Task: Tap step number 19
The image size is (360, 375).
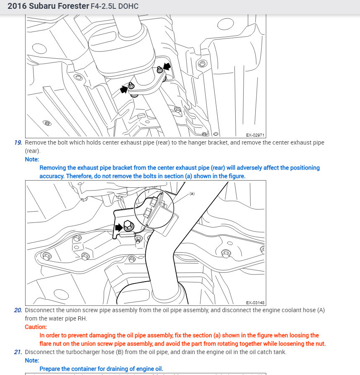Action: coord(18,142)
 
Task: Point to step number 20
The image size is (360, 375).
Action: coord(18,310)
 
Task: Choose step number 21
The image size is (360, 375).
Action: coord(18,352)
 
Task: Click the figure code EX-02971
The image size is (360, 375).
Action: coord(255,135)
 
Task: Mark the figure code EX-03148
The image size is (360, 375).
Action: coord(255,303)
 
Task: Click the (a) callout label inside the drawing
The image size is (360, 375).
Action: coord(192,194)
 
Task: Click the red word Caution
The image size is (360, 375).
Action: coord(36,327)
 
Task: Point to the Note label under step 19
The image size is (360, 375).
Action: coord(32,159)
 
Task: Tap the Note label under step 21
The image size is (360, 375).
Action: coord(32,360)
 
